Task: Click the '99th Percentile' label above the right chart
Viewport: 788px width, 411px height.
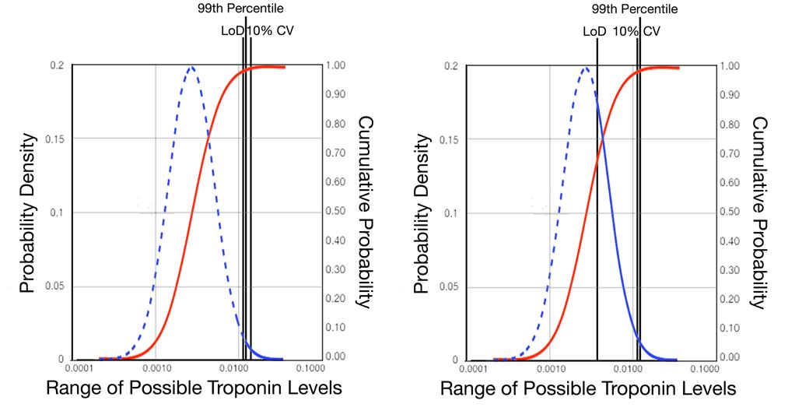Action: click(x=634, y=9)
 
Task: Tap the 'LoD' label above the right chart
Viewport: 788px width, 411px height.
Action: click(x=595, y=32)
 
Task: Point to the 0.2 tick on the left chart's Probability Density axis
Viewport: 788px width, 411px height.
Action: click(x=57, y=66)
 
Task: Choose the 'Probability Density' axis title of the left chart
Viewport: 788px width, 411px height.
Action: click(x=29, y=213)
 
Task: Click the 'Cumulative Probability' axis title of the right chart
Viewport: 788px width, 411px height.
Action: click(x=759, y=213)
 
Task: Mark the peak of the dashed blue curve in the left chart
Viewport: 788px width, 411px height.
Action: click(x=190, y=68)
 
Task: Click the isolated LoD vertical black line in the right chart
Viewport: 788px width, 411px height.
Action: click(x=597, y=234)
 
